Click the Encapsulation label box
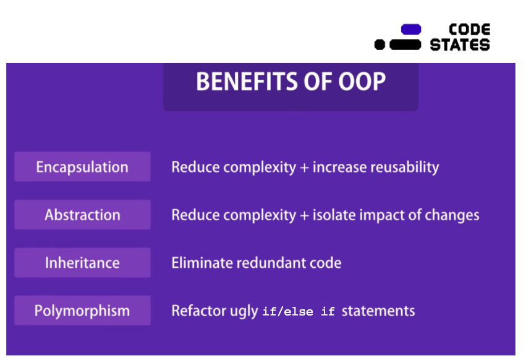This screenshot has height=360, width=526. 83,166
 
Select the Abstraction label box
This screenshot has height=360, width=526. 83,215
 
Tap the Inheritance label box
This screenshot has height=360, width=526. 83,263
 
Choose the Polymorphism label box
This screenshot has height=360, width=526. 83,311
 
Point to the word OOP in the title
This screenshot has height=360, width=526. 362,82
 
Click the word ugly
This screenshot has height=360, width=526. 244,312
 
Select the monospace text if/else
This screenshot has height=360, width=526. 287,312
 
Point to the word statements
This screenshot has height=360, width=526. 378,311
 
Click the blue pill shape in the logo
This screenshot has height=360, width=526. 411,29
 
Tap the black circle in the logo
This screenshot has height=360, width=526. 380,45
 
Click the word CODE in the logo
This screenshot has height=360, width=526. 470,30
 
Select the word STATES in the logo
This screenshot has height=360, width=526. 460,45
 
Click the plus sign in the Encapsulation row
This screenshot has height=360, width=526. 304,168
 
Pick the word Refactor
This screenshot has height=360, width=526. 199,311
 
